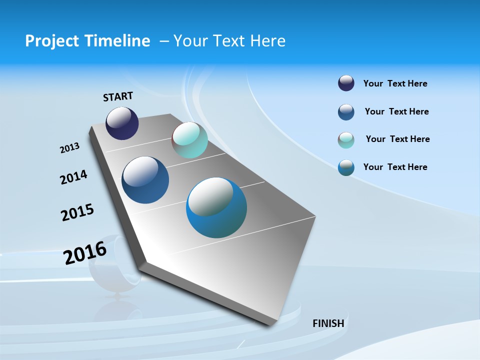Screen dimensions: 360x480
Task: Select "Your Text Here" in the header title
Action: coord(229,41)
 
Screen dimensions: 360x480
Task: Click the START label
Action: coord(118,96)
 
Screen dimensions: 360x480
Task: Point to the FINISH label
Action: coord(328,323)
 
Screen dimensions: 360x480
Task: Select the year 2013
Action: coord(69,148)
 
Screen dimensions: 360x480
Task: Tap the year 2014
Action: coord(73,177)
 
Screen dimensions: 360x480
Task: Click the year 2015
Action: coord(77,212)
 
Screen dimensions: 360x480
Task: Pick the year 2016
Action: coord(85,253)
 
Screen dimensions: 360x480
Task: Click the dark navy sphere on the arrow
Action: coord(122,123)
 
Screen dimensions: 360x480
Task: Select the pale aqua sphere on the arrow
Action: coord(189,140)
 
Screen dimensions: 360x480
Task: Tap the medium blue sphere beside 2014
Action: coord(145,180)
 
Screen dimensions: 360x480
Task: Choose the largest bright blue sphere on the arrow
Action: coord(216,207)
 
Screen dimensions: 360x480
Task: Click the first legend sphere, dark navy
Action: coord(346,83)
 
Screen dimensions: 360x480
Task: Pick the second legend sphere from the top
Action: coord(346,111)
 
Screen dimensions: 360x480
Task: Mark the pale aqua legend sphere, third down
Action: coord(346,139)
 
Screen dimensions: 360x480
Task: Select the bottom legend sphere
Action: coord(346,167)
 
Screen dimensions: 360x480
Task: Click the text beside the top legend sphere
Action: coord(395,83)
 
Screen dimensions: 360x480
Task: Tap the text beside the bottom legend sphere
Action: coord(395,167)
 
